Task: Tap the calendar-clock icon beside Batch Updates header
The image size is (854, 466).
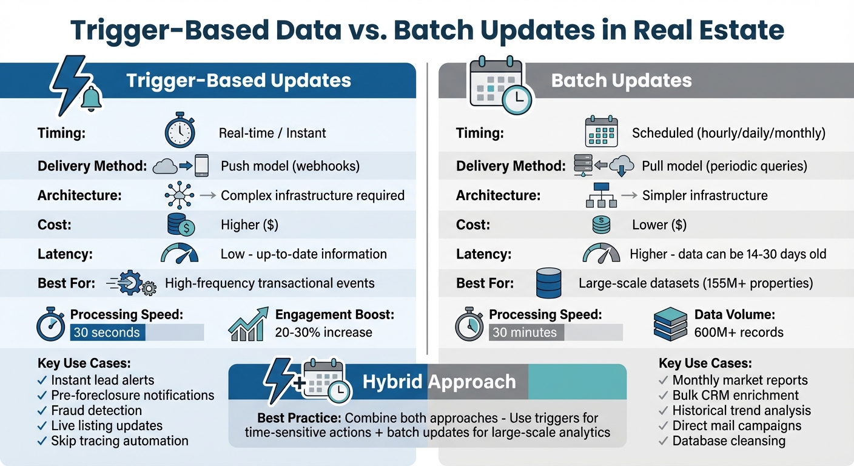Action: pyautogui.click(x=499, y=84)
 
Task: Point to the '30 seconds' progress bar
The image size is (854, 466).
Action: pyautogui.click(x=136, y=333)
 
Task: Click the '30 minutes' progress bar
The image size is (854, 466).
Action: pyautogui.click(x=555, y=333)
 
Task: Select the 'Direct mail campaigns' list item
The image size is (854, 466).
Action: pyautogui.click(x=736, y=426)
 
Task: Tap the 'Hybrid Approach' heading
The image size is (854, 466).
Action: pyautogui.click(x=439, y=382)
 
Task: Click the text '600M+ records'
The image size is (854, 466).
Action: pyautogui.click(x=739, y=333)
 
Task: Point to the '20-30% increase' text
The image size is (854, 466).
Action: pyautogui.click(x=323, y=333)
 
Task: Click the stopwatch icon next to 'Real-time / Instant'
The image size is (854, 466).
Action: pyautogui.click(x=180, y=129)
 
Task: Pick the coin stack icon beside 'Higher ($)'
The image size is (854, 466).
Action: pyautogui.click(x=180, y=225)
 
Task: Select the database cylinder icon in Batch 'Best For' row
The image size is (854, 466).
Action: pyautogui.click(x=548, y=283)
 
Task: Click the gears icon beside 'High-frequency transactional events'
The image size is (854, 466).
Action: pyautogui.click(x=131, y=283)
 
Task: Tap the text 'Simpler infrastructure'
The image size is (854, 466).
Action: pyautogui.click(x=705, y=195)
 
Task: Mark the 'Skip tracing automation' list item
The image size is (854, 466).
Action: pyautogui.click(x=119, y=441)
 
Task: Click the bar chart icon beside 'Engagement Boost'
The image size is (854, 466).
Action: pyautogui.click(x=247, y=324)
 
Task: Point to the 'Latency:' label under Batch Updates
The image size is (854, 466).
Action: pyautogui.click(x=483, y=254)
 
